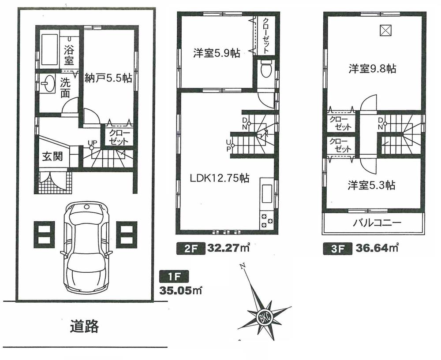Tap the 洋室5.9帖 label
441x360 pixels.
pyautogui.click(x=217, y=54)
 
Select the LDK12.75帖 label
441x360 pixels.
pyautogui.click(x=220, y=178)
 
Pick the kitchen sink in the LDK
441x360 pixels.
pyautogui.click(x=267, y=193)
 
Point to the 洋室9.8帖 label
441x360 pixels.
pyautogui.click(x=373, y=69)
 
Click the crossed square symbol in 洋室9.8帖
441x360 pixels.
pyautogui.click(x=385, y=30)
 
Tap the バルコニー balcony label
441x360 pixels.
pyautogui.click(x=377, y=223)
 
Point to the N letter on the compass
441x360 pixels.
pyautogui.click(x=242, y=267)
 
